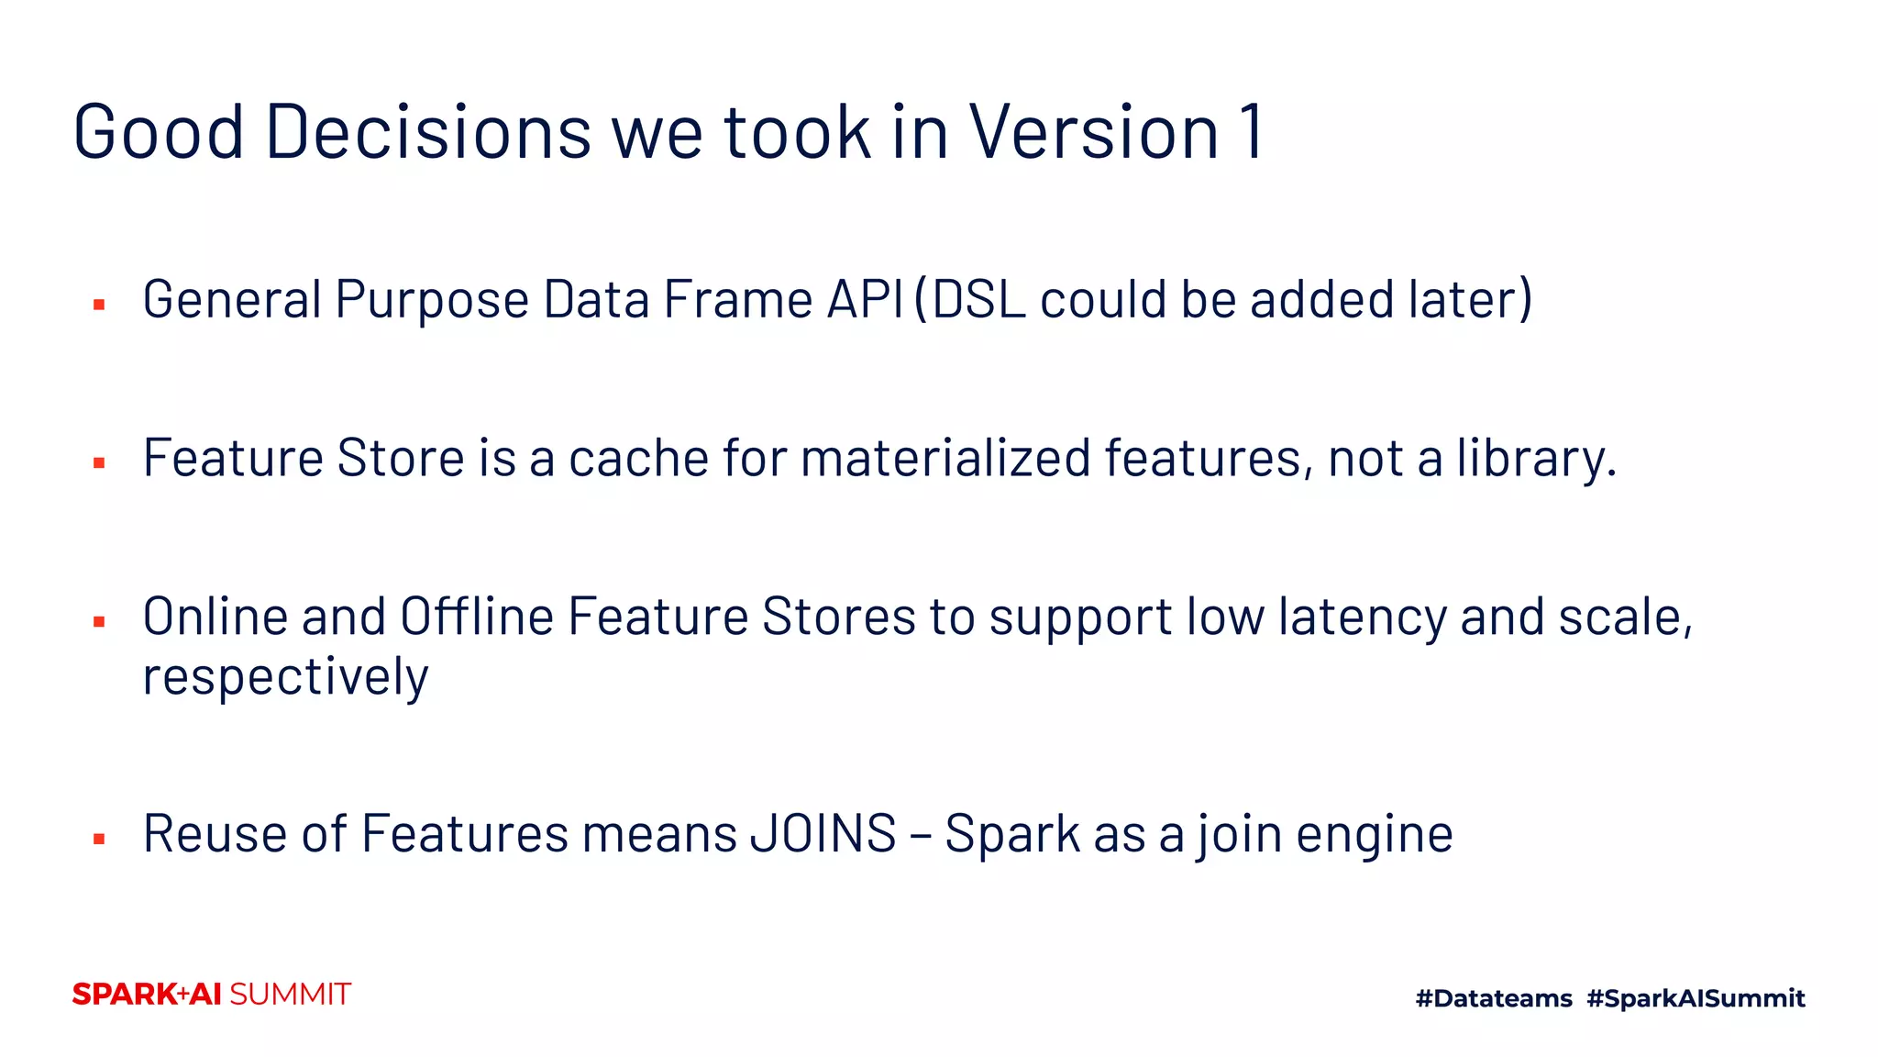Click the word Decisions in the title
coord(428,132)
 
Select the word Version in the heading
coord(1094,132)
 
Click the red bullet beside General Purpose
coord(99,305)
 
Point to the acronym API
coord(866,300)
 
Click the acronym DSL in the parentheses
coord(978,300)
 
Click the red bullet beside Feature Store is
coord(99,463)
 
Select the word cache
coord(638,459)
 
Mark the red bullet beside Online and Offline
coord(99,622)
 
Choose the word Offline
coord(477,617)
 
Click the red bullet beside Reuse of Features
coord(99,839)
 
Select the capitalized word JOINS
coord(823,834)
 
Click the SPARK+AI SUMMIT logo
coord(212,995)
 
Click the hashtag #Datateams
coord(1494,998)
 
